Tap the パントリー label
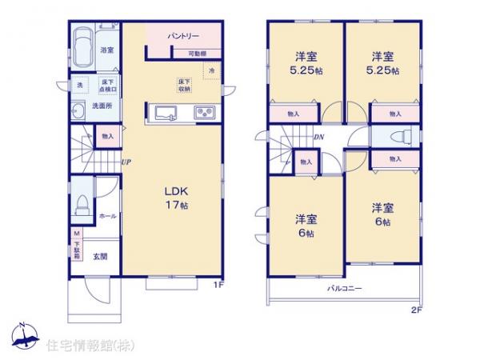pyautogui.click(x=183, y=37)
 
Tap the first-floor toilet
pyautogui.click(x=82, y=206)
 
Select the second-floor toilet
pyautogui.click(x=397, y=136)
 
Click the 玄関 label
pyautogui.click(x=99, y=257)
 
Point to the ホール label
pyautogui.click(x=107, y=216)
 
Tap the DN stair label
pyautogui.click(x=318, y=137)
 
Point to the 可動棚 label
pyautogui.click(x=197, y=54)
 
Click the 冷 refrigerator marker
pyautogui.click(x=211, y=71)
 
